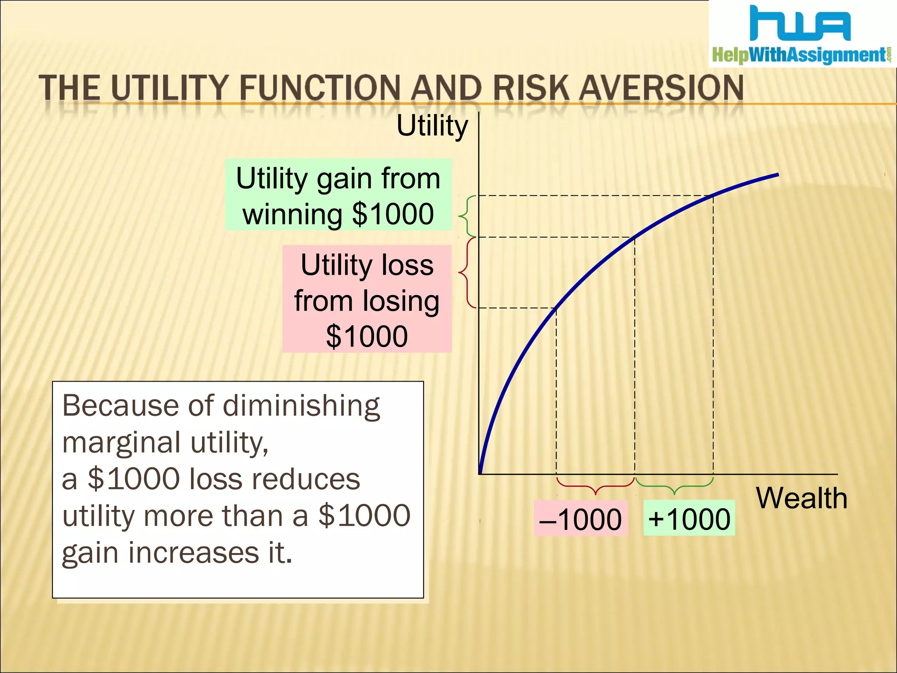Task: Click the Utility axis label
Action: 432,126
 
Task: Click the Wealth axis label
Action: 802,498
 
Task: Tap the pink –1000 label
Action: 581,519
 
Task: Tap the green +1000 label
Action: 689,519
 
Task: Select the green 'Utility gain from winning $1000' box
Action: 338,195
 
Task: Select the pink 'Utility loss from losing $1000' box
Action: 367,300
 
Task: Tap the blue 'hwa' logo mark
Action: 800,24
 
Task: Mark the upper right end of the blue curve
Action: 777,175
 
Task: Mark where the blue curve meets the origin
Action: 481,472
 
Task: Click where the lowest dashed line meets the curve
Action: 556,308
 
